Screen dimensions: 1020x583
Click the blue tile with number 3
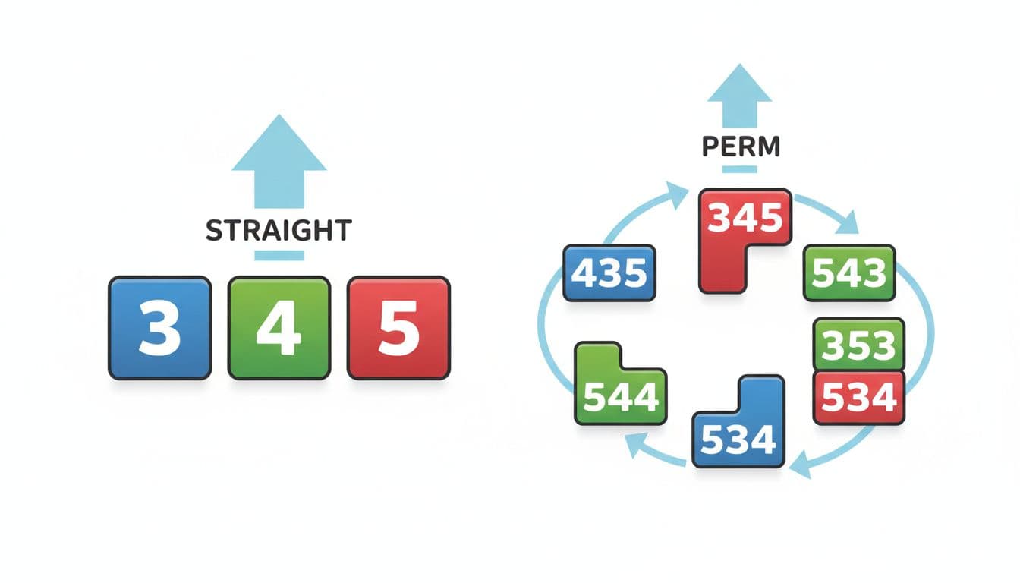160,328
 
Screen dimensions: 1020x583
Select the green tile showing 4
279,328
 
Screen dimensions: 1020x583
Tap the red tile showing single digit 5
399,328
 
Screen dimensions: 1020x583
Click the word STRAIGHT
279,231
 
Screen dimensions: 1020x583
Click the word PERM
741,147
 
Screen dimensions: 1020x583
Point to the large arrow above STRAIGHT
279,162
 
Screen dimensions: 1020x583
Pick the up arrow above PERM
739,96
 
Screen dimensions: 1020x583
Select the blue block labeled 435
609,273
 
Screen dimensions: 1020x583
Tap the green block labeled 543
849,273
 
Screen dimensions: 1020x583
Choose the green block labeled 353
859,345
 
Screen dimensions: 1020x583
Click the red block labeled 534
859,398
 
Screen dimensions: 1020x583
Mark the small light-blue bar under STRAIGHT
279,256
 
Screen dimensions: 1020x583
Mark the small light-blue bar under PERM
739,169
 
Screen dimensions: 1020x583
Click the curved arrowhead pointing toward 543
848,223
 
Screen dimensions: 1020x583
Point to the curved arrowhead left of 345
678,194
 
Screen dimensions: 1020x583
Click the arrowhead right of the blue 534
801,465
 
